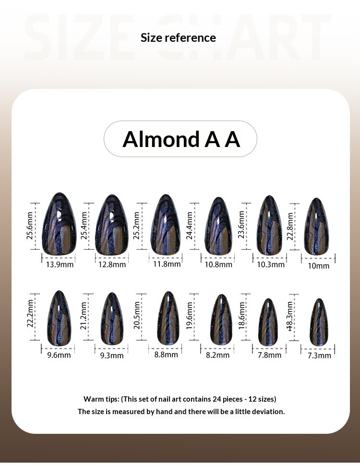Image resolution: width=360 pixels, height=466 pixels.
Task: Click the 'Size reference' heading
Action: coord(178,37)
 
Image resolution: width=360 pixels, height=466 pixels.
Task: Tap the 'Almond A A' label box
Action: coord(180,139)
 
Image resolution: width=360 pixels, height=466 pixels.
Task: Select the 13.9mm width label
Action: coord(60,264)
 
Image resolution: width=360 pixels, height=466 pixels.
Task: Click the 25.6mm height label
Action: coord(30,225)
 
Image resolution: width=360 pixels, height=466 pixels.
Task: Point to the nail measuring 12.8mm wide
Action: coord(112,224)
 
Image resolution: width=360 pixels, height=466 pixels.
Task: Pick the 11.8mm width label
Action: coord(167,264)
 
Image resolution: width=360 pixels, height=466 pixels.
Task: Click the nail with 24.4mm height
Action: coord(218,226)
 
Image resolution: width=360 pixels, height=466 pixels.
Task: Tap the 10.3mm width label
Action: coord(271,264)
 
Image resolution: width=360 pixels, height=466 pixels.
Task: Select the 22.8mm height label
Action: coord(290,226)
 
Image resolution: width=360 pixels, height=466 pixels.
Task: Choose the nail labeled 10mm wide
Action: coord(319,226)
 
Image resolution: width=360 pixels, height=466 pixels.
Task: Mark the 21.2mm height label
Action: coord(84,319)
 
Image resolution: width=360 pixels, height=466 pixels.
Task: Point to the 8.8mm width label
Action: coord(166,355)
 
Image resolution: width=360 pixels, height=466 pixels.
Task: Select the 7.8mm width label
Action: coord(269,355)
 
